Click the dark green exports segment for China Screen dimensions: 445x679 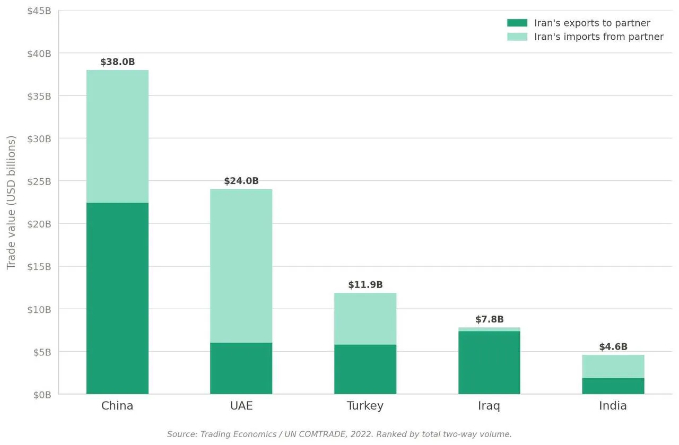click(117, 298)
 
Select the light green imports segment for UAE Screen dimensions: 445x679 click(241, 266)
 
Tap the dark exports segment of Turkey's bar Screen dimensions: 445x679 click(365, 369)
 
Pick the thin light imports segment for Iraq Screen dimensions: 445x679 click(489, 329)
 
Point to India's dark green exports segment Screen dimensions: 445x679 click(613, 386)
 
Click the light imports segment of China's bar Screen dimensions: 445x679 click(117, 136)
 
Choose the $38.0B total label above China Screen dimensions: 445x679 click(117, 62)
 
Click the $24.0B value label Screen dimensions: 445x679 click(241, 181)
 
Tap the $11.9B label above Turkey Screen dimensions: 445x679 click(365, 285)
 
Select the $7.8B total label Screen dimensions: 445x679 click(489, 319)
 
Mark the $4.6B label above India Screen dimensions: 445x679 click(613, 347)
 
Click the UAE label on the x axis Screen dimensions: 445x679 click(241, 406)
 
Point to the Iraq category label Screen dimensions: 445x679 click(489, 406)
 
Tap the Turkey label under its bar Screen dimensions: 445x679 click(365, 406)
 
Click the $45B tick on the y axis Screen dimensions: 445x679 click(39, 11)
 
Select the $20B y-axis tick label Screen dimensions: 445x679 click(39, 224)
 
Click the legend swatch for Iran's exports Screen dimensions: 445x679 click(517, 23)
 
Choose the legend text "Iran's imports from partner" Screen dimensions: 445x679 click(598, 37)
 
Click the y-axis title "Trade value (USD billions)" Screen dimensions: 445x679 click(12, 202)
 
